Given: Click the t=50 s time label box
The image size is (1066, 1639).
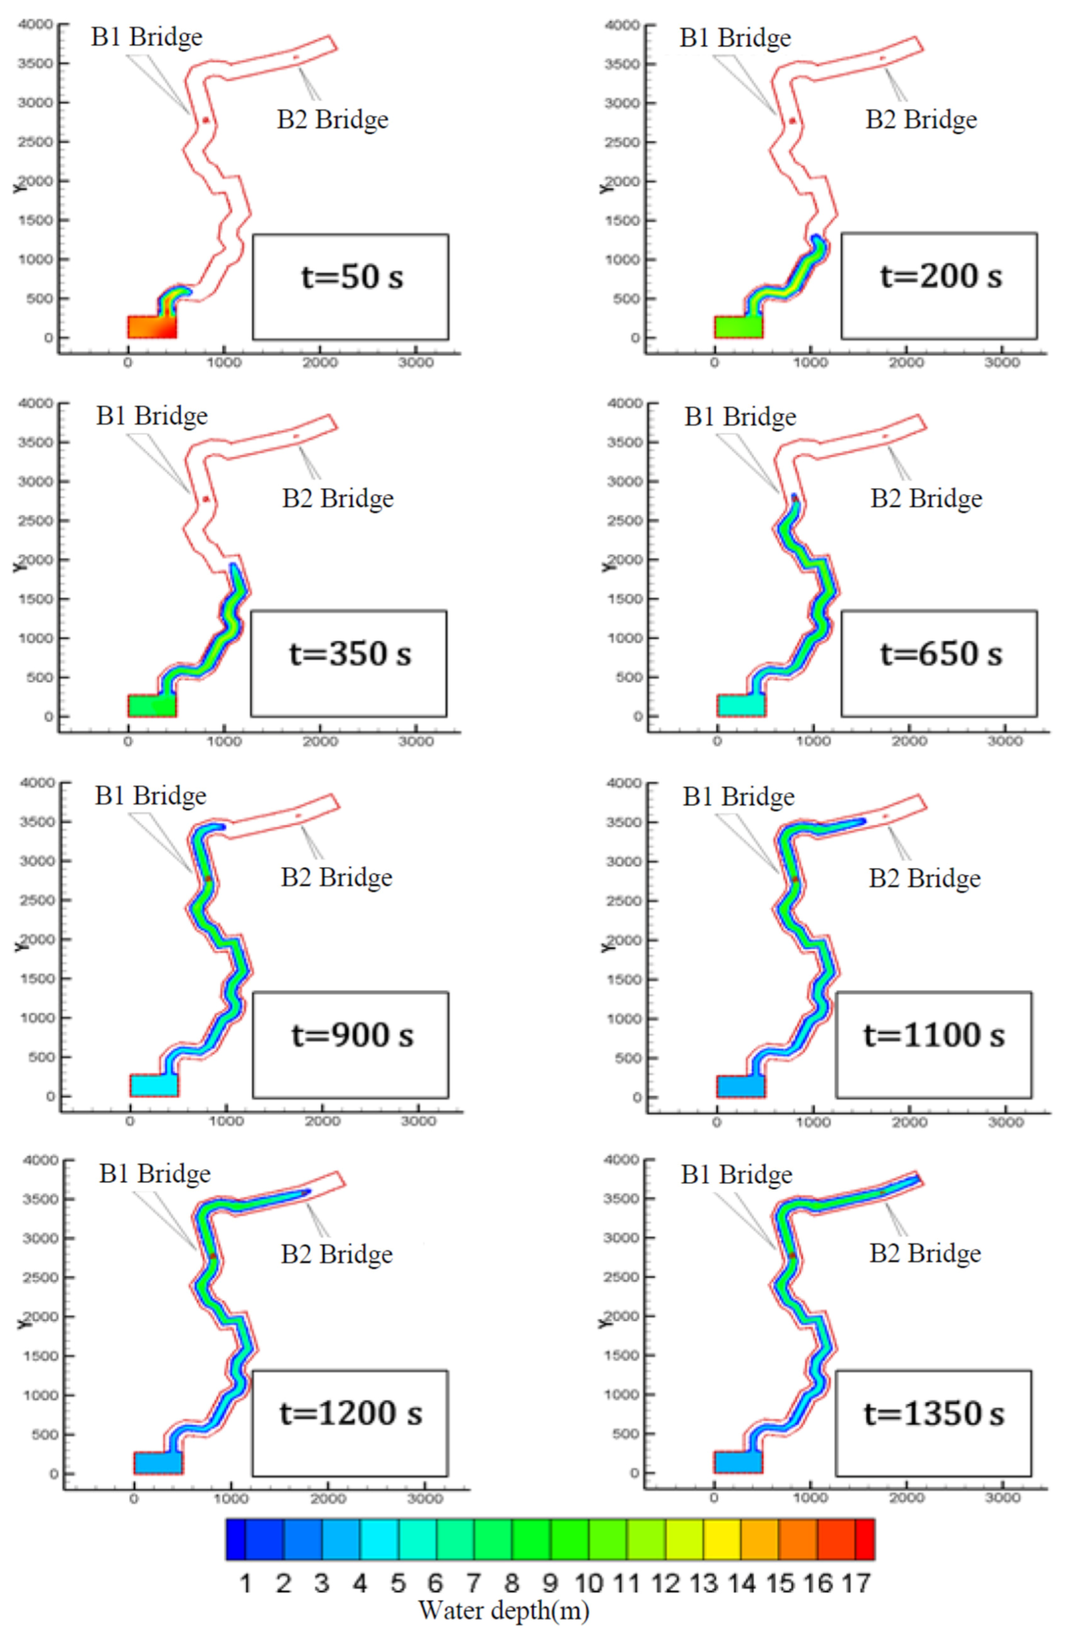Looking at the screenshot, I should click(351, 278).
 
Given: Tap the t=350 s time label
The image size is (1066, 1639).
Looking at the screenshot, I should click(350, 654).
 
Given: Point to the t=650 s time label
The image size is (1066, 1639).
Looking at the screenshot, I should click(940, 654).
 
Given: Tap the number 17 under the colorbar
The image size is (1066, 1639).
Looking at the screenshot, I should click(856, 1583).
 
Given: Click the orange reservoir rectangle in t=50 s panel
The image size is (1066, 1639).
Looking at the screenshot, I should click(152, 327).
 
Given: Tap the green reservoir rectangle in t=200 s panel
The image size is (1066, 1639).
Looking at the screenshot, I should click(738, 327).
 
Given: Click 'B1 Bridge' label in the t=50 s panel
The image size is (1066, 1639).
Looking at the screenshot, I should click(147, 37).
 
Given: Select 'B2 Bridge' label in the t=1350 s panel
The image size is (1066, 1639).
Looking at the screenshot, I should click(925, 1253).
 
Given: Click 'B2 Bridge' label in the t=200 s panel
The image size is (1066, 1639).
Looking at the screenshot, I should click(921, 120).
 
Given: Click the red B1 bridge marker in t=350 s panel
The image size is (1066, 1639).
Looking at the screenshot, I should click(205, 499).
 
